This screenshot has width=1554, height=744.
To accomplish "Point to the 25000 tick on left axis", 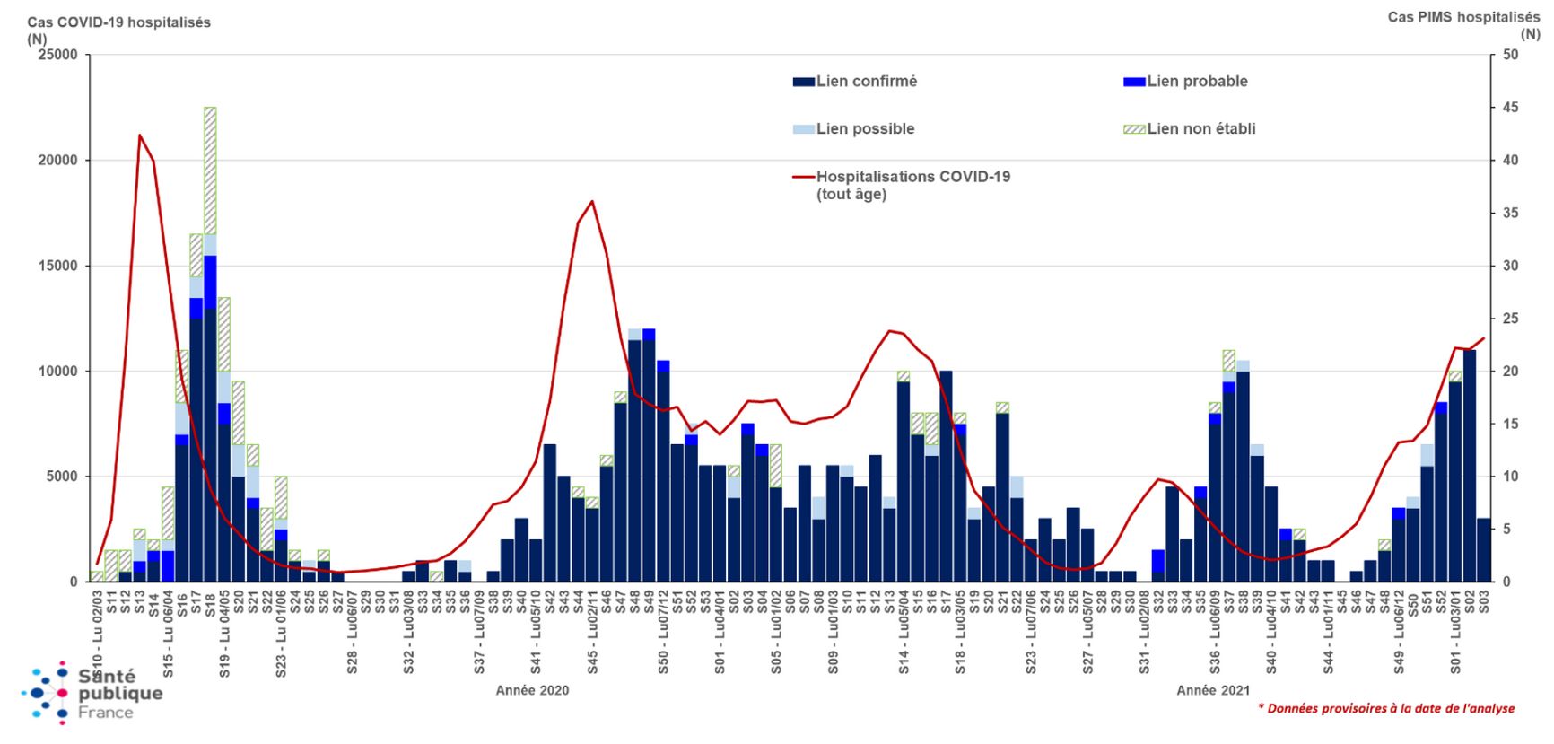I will point(57,55).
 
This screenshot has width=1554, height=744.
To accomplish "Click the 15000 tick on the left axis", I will point(57,266).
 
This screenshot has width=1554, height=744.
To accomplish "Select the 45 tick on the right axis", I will point(1511,108).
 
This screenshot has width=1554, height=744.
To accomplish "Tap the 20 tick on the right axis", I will point(1511,372).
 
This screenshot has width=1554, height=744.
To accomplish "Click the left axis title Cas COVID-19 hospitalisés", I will point(118,22).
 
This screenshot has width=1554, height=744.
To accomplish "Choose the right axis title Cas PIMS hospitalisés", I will point(1463,17).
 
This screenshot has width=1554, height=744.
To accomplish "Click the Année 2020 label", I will point(532,690).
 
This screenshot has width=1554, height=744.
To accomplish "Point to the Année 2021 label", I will point(1213,690).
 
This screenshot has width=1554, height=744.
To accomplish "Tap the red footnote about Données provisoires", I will point(1385,709).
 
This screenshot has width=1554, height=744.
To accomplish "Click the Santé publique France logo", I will point(92,694).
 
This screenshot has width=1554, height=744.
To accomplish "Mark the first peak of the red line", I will point(140,136).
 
